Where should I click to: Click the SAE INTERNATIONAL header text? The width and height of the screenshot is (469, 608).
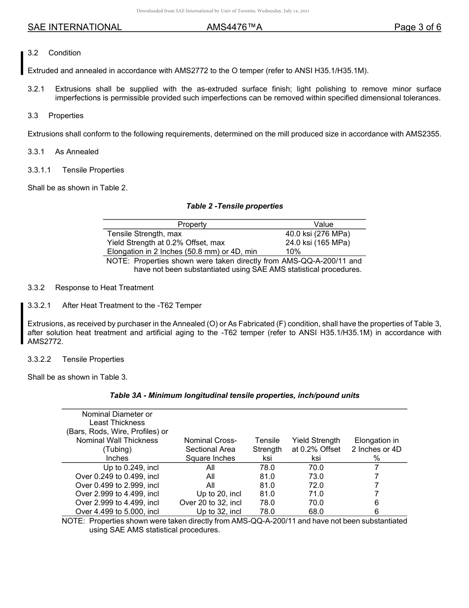[75, 28]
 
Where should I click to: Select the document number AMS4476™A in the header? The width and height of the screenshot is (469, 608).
[234, 28]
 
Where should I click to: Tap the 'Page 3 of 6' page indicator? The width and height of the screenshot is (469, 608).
[417, 28]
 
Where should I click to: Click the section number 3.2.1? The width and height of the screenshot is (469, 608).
[36, 89]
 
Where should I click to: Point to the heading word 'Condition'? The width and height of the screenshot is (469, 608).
[65, 53]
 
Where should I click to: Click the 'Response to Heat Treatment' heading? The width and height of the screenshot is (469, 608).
[104, 288]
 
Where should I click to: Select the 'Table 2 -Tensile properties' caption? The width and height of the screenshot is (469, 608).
[234, 206]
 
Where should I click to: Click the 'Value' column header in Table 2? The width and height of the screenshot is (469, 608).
[323, 224]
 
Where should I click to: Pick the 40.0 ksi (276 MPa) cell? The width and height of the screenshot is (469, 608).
[317, 234]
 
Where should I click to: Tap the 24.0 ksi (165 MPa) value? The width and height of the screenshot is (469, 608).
[317, 243]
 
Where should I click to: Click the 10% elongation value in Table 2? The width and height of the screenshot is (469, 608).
[293, 252]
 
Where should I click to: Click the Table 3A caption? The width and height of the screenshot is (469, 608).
[234, 395]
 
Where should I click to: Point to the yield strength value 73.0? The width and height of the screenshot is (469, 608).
[316, 477]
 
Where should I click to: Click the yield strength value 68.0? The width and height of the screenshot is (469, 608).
[316, 512]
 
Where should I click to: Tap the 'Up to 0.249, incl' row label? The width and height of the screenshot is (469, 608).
[131, 468]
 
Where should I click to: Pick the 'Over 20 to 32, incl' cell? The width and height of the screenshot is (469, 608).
[210, 503]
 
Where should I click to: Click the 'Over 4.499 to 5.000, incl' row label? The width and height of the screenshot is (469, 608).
[117, 512]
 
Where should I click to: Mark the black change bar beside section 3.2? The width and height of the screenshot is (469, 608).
[22, 62]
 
